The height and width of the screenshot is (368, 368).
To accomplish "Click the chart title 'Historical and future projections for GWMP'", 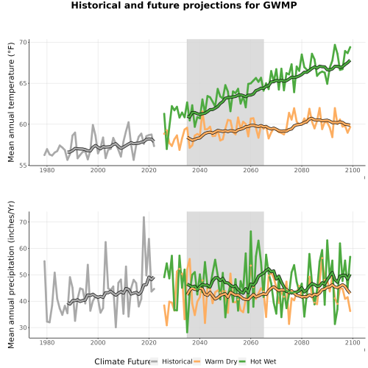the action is pyautogui.click(x=184, y=5).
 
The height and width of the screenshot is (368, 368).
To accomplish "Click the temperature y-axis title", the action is pyautogui.click(x=11, y=102).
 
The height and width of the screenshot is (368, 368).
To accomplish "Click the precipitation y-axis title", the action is pyautogui.click(x=11, y=275).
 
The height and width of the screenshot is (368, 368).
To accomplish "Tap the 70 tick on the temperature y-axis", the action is pyautogui.click(x=23, y=42).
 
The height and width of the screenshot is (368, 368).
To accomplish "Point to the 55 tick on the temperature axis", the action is pyautogui.click(x=23, y=165).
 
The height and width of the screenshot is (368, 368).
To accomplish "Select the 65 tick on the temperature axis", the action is pyautogui.click(x=23, y=83).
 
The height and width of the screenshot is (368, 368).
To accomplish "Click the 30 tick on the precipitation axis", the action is pyautogui.click(x=23, y=328).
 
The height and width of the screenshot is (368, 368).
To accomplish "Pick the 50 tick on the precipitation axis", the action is pyautogui.click(x=23, y=275).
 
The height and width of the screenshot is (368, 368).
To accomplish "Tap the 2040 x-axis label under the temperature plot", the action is pyautogui.click(x=199, y=170).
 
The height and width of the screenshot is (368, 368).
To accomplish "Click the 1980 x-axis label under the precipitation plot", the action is pyautogui.click(x=47, y=342).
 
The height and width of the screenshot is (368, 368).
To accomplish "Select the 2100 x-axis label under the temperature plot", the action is pyautogui.click(x=353, y=170).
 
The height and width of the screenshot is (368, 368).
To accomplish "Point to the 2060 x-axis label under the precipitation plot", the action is pyautogui.click(x=251, y=342).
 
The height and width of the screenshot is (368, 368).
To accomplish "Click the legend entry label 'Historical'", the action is pyautogui.click(x=177, y=361).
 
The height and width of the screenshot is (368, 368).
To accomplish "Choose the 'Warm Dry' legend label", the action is pyautogui.click(x=221, y=362).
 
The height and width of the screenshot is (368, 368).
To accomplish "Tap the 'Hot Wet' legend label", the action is pyautogui.click(x=263, y=361).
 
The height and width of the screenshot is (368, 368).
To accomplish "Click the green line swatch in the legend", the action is pyautogui.click(x=242, y=361).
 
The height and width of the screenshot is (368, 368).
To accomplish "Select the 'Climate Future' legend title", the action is pyautogui.click(x=122, y=361).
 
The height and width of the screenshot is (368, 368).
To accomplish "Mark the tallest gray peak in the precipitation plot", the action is pyautogui.click(x=144, y=217).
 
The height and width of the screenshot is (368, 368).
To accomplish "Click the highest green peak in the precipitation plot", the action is pyautogui.click(x=251, y=231).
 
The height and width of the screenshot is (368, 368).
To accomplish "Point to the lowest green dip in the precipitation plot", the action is pyautogui.click(x=187, y=333).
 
